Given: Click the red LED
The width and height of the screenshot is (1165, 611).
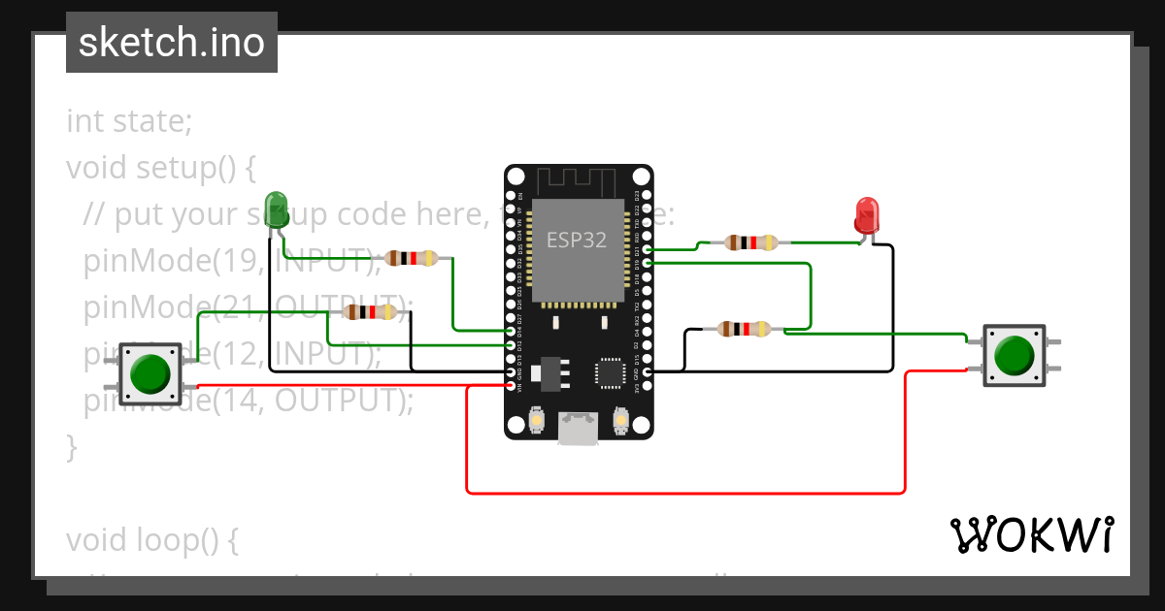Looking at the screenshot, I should (866, 214).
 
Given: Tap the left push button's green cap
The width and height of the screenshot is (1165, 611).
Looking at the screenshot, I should (150, 373).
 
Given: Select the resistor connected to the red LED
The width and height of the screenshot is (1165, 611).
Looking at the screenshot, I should (751, 241).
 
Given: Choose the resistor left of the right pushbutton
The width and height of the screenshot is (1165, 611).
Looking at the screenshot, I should (743, 330).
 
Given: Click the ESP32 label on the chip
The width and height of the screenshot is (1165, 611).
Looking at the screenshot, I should (577, 240).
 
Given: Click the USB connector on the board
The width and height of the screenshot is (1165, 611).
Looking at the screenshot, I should (579, 428).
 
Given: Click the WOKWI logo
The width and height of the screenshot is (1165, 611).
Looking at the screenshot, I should (1030, 535).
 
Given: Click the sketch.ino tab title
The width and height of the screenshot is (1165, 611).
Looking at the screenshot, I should (172, 43).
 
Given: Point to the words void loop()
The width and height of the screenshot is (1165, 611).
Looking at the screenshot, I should (152, 540).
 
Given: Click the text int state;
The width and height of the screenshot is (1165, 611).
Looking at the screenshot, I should (129, 122).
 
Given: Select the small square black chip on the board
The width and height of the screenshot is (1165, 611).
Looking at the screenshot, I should (611, 372).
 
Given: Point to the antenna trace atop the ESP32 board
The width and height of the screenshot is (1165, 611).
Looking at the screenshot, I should (578, 179).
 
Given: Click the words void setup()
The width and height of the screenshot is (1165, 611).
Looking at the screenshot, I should (160, 168).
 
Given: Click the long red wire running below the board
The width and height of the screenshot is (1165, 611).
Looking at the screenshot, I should (680, 493).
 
